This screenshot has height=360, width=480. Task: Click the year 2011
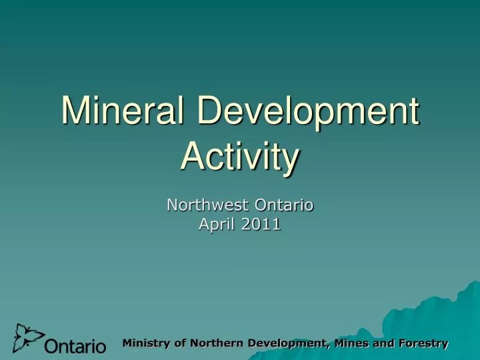click(261, 225)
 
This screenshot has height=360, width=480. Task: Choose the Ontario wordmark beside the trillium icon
click(75, 347)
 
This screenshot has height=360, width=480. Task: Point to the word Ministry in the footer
click(147, 343)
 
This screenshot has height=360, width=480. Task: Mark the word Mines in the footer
click(351, 343)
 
